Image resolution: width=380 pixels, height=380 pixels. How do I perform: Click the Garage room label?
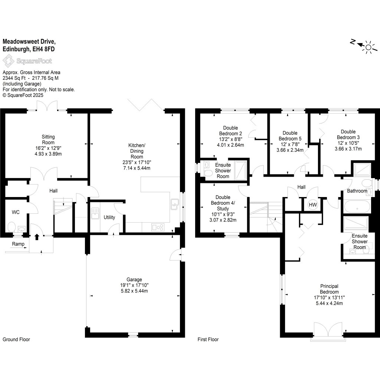(x=134, y=279)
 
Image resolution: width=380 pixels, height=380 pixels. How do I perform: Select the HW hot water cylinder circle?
(x=312, y=205)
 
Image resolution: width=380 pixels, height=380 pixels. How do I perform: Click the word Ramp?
(x=18, y=244)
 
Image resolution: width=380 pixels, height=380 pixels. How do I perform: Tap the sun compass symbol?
(x=368, y=47)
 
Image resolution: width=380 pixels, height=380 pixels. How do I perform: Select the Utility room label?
(x=109, y=217)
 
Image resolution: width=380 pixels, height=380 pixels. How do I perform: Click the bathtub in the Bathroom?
(x=357, y=206)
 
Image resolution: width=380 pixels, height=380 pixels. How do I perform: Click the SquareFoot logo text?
(x=34, y=61)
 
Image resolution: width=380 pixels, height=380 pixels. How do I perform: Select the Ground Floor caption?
(x=16, y=340)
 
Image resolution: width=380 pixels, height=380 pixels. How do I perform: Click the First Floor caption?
(x=209, y=340)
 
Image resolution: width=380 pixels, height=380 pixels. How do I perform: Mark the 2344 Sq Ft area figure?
(x=14, y=78)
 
